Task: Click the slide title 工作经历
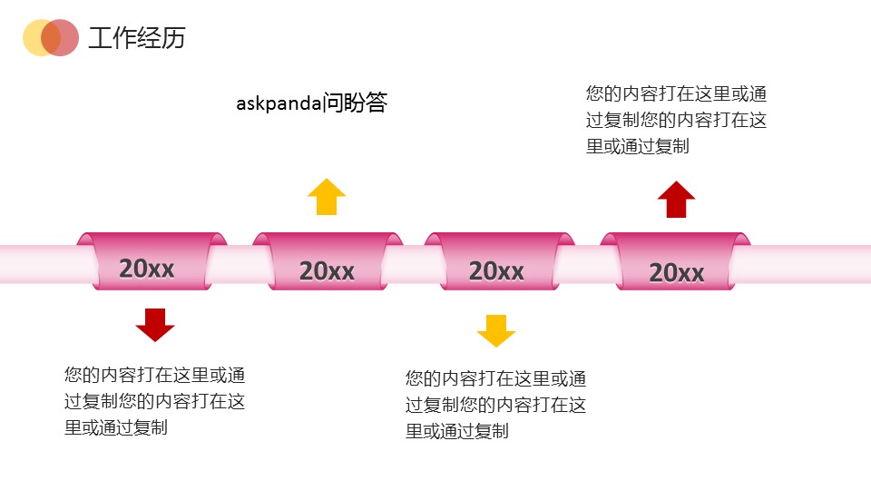click(136, 38)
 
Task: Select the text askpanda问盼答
click(311, 103)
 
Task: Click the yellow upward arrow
click(327, 196)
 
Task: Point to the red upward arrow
click(676, 199)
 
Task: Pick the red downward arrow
click(154, 324)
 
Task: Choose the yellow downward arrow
click(495, 330)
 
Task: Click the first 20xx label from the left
click(146, 268)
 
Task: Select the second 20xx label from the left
click(327, 270)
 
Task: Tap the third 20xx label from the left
click(496, 270)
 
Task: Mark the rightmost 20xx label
click(676, 272)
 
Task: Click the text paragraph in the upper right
click(677, 120)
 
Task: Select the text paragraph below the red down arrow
click(154, 401)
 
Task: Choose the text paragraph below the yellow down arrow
click(495, 405)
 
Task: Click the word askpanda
click(279, 103)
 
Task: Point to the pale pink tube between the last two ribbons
click(584, 264)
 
